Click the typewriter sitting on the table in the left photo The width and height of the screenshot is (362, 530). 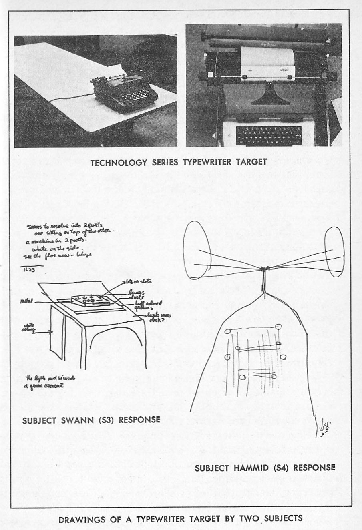123,90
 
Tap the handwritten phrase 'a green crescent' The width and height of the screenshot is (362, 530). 43,387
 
